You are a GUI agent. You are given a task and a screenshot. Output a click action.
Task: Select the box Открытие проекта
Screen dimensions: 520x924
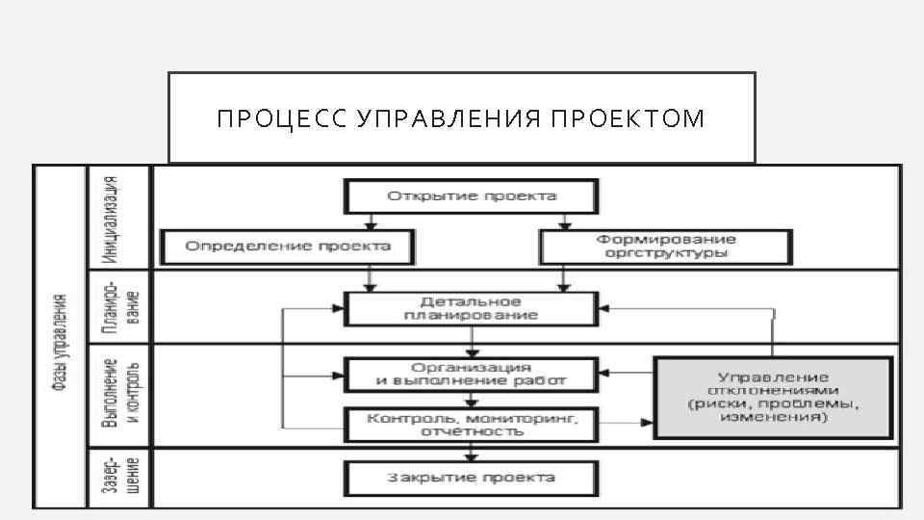[x=472, y=196]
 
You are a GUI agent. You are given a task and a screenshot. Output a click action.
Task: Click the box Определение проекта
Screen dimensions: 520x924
[x=288, y=247]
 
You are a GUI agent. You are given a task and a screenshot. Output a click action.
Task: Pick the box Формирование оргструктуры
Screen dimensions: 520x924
[x=666, y=247]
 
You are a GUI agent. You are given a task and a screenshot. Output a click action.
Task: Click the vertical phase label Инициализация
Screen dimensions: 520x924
[x=113, y=219]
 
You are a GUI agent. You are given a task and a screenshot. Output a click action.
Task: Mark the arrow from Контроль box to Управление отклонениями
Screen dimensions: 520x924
[x=626, y=422]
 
